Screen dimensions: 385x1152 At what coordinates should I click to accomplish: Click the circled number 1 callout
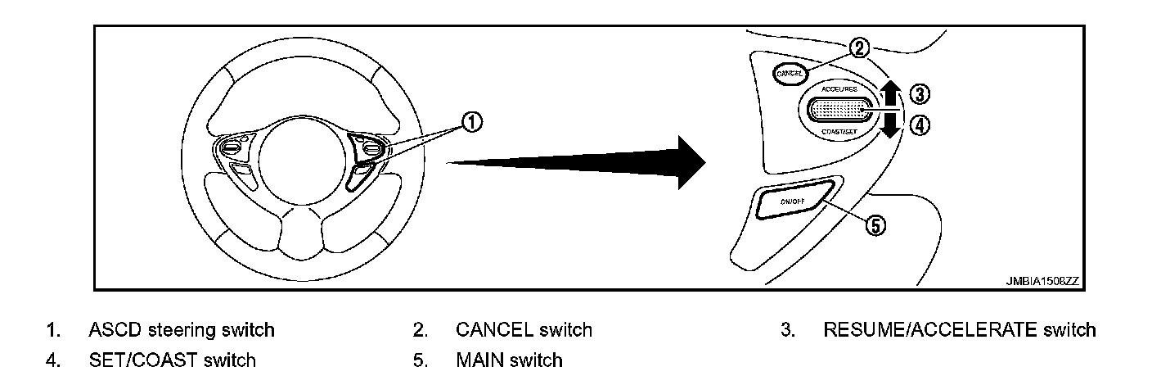coord(472,123)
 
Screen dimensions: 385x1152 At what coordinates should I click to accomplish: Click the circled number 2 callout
coord(857,48)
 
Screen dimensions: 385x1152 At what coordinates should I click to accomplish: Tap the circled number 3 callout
coord(919,94)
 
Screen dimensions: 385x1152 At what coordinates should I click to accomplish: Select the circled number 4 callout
coord(919,126)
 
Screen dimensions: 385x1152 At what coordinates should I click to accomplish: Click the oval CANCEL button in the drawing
coord(790,73)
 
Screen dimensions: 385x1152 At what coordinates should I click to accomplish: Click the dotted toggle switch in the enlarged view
coord(839,108)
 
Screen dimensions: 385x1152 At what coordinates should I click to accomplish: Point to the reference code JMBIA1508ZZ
coord(1042,280)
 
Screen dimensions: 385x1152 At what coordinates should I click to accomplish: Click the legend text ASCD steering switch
coord(181,330)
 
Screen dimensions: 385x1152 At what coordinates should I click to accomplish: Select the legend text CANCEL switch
coord(524,330)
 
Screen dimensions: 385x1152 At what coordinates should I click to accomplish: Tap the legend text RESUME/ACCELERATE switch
coord(959,330)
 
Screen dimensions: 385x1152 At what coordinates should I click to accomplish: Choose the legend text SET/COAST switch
coord(172,360)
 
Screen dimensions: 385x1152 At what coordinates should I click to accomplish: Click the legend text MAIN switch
coord(509,360)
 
